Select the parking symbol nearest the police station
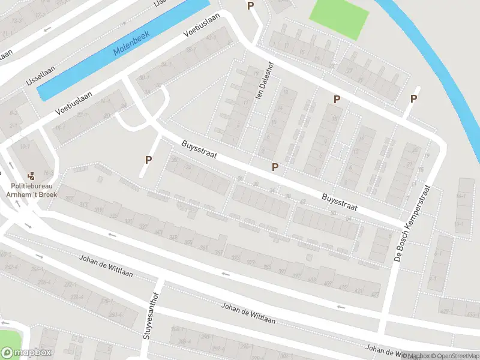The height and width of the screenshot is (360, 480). tap(148, 160)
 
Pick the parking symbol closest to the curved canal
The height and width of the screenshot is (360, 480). tap(413, 99)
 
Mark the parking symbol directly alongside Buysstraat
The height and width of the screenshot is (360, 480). tap(275, 166)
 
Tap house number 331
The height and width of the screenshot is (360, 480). tap(128, 221)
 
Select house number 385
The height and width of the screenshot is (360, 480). tap(265, 268)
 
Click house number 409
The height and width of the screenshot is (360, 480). tap(328, 283)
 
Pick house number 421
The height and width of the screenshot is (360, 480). tap(359, 290)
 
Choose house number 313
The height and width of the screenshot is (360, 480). tap(83, 205)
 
